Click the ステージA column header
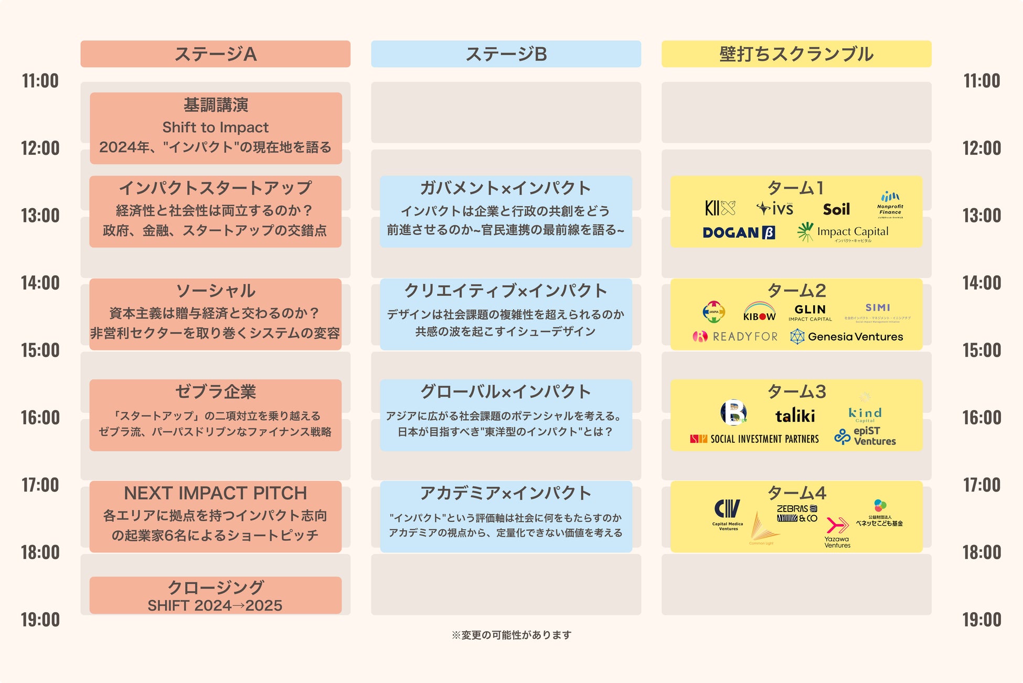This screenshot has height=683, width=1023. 215,54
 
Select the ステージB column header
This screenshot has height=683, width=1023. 506,54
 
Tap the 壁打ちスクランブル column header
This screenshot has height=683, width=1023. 796,54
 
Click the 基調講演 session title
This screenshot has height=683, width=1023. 216,105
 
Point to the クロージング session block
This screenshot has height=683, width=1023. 215,595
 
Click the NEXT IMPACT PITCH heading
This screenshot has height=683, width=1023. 215,493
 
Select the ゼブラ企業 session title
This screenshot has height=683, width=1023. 215,392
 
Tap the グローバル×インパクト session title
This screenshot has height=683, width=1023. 506,392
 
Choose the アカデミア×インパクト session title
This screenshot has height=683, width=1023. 506,493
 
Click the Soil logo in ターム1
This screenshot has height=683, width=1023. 836,210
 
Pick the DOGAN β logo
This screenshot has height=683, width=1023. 739,232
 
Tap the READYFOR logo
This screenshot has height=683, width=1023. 736,337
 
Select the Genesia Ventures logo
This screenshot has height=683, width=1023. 847,337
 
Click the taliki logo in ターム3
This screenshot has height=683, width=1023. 795,416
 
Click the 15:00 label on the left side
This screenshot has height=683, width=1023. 40,350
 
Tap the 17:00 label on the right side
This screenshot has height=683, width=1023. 982,485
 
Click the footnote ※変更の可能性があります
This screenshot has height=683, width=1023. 511,635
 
